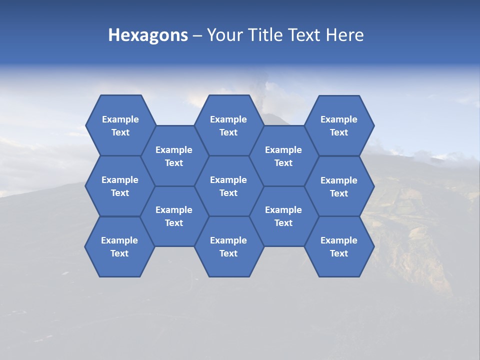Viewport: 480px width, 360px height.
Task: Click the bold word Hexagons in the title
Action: point(148,35)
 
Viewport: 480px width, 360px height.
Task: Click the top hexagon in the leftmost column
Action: point(120,125)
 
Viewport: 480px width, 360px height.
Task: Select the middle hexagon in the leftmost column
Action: point(120,186)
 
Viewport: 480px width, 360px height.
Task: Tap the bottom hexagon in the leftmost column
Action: point(119,246)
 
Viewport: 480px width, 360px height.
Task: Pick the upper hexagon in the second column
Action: point(174,156)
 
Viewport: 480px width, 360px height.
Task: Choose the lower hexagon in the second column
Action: point(174,216)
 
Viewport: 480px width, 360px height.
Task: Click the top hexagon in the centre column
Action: point(228,125)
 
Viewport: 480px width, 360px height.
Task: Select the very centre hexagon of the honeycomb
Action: point(228,186)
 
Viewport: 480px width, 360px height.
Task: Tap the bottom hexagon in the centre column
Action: point(228,246)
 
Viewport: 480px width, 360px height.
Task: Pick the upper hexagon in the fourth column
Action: point(283,156)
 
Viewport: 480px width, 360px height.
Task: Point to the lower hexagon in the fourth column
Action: point(283,216)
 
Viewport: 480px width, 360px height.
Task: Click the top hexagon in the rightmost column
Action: point(339,125)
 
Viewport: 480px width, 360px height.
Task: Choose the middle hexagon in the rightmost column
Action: point(339,186)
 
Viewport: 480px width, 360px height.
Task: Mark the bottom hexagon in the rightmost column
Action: point(339,246)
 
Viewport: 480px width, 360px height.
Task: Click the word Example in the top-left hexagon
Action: point(120,119)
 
